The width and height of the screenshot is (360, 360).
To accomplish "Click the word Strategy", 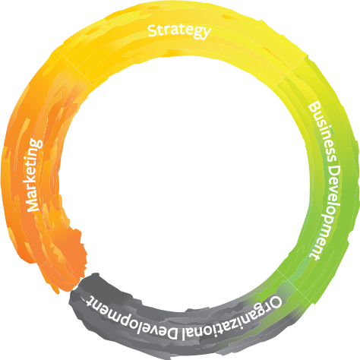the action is tap(179, 31).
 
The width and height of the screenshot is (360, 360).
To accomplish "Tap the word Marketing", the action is tap(35, 175).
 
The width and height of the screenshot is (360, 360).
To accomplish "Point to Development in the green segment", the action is tap(326, 213).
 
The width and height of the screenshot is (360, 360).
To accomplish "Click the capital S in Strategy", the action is tap(153, 30).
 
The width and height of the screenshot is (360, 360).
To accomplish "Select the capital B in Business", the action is tap(314, 108).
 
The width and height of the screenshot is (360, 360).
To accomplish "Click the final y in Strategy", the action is tap(207, 33).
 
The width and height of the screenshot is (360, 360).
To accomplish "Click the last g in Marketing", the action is tap(36, 143).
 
